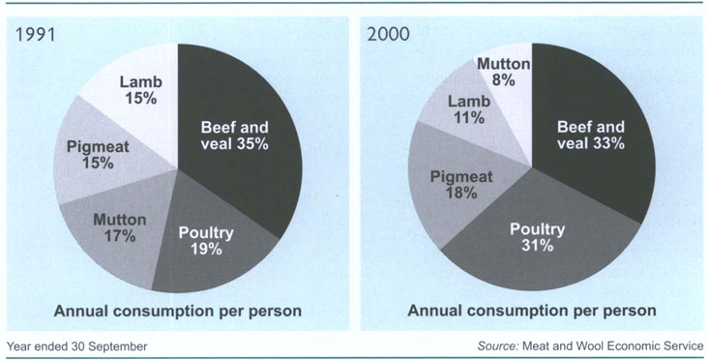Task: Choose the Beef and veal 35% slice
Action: tap(235, 135)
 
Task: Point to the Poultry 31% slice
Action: tap(538, 237)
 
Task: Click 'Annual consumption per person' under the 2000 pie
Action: tap(532, 312)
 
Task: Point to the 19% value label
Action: tap(206, 249)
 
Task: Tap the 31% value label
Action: tap(538, 247)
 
